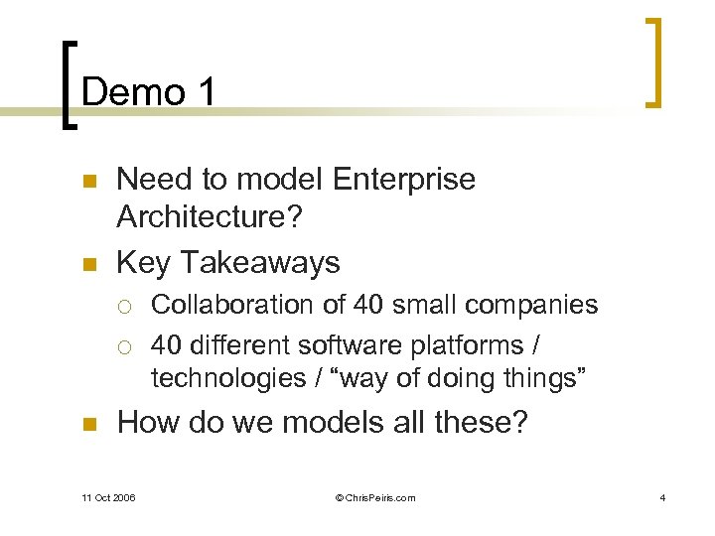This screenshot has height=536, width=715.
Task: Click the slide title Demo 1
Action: [149, 92]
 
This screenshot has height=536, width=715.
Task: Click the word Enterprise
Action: [404, 180]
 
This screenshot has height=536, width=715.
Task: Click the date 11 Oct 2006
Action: [110, 497]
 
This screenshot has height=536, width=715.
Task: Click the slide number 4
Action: [662, 497]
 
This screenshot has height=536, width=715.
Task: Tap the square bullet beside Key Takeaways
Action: [88, 264]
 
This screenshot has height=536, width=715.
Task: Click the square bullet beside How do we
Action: [88, 426]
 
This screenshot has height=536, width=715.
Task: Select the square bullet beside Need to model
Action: [88, 182]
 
